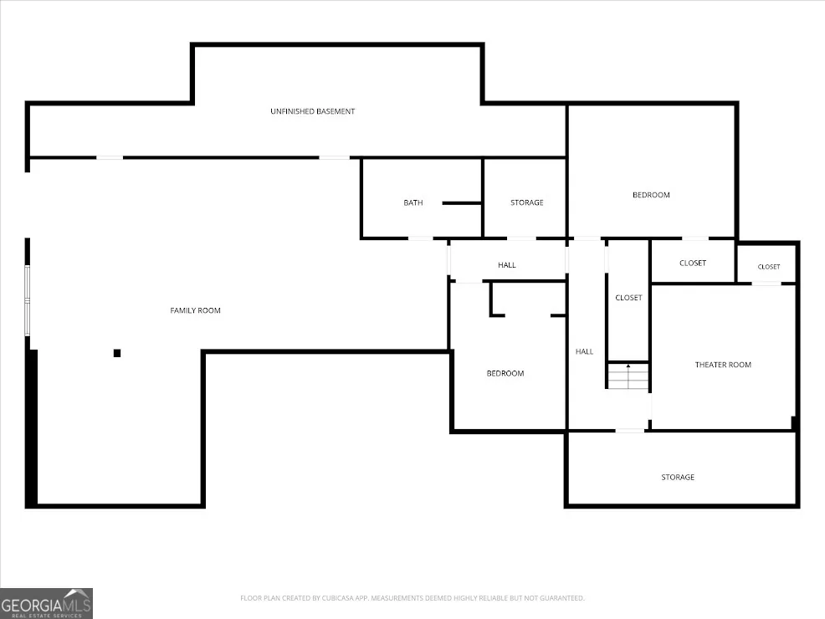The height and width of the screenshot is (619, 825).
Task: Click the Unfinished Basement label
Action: click(x=313, y=111)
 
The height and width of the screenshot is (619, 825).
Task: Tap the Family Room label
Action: click(x=195, y=311)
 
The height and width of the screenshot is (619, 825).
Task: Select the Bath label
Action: click(x=413, y=202)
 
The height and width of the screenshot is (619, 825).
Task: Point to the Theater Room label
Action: click(x=723, y=365)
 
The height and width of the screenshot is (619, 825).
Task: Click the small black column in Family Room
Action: click(x=117, y=353)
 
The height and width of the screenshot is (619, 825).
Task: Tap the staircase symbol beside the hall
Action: click(x=628, y=376)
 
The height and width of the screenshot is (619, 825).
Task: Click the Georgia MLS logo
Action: click(x=46, y=604)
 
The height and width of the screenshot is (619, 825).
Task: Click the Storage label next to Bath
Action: click(x=526, y=202)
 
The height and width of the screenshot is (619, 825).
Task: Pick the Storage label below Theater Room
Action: click(x=678, y=477)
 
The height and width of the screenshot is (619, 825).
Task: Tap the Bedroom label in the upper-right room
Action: click(x=651, y=195)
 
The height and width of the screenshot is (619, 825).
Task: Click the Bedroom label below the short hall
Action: click(x=505, y=373)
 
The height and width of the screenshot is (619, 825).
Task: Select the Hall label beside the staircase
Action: click(x=584, y=352)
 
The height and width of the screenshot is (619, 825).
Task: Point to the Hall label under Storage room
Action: click(x=507, y=265)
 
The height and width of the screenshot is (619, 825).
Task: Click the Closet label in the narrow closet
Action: click(x=628, y=298)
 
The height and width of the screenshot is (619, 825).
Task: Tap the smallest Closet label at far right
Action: click(x=769, y=267)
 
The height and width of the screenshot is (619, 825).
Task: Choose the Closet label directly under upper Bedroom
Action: click(x=693, y=263)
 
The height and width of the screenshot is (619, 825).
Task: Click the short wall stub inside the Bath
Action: click(x=462, y=203)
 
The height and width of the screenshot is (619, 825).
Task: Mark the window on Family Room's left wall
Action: click(x=28, y=300)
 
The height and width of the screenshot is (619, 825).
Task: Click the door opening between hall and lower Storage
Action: click(x=630, y=432)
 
